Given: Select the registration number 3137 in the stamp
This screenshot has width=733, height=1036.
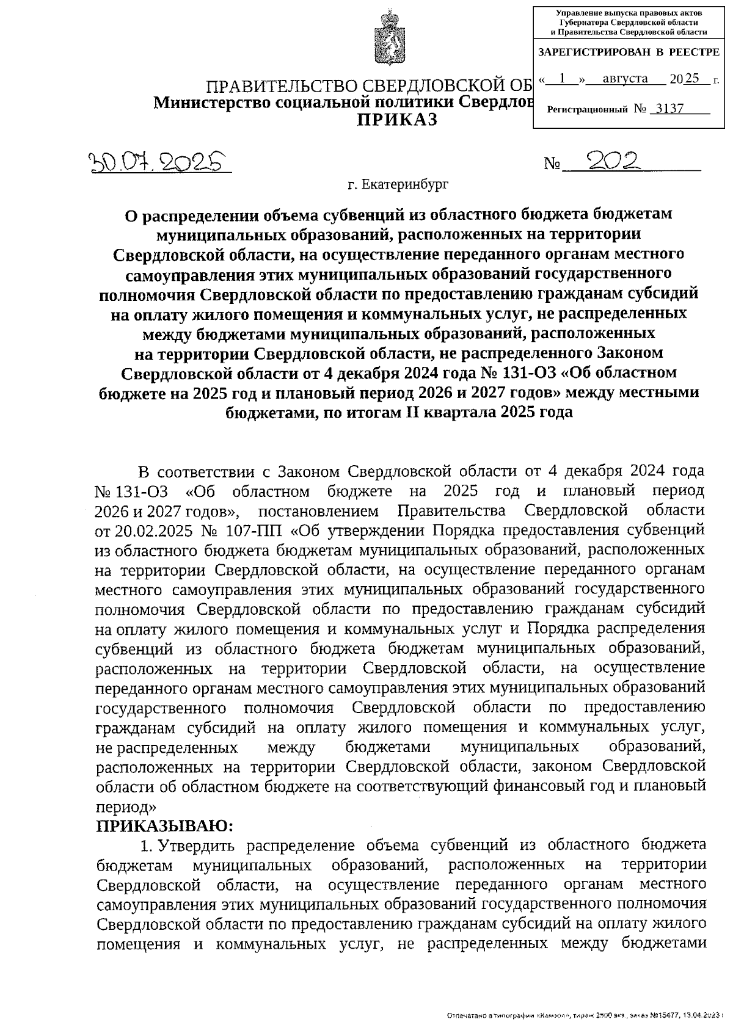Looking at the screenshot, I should tap(667, 109).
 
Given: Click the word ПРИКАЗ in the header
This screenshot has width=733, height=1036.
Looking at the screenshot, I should tap(397, 120).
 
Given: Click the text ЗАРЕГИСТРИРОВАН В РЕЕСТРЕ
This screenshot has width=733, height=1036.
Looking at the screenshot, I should tap(629, 53).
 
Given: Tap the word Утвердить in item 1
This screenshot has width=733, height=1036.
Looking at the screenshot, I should tap(191, 846).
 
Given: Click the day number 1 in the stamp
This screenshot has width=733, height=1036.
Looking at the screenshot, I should tap(563, 79).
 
